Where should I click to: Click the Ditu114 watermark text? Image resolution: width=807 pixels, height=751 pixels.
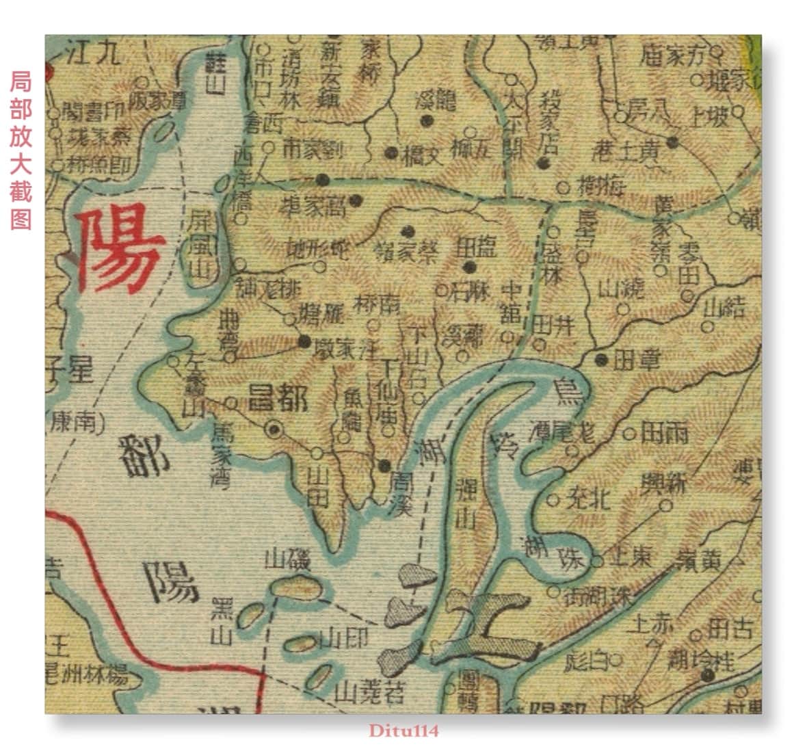[403, 730]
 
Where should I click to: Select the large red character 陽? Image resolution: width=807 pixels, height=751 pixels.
[118, 250]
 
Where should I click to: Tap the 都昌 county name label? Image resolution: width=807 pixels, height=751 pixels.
[278, 396]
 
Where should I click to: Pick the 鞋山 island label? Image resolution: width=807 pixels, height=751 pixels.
[217, 74]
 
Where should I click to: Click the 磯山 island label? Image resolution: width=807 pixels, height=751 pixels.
[288, 560]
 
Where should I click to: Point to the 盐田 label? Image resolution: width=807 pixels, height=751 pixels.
[475, 247]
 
